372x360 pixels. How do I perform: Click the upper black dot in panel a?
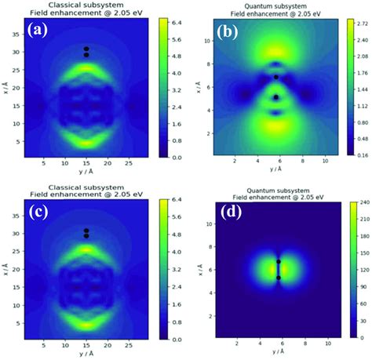(x=86, y=49)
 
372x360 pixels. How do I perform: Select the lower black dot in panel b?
(x=276, y=97)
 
